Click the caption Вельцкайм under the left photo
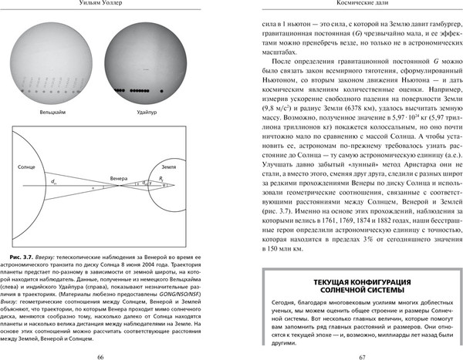point(52,113)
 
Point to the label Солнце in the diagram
point(26,167)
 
